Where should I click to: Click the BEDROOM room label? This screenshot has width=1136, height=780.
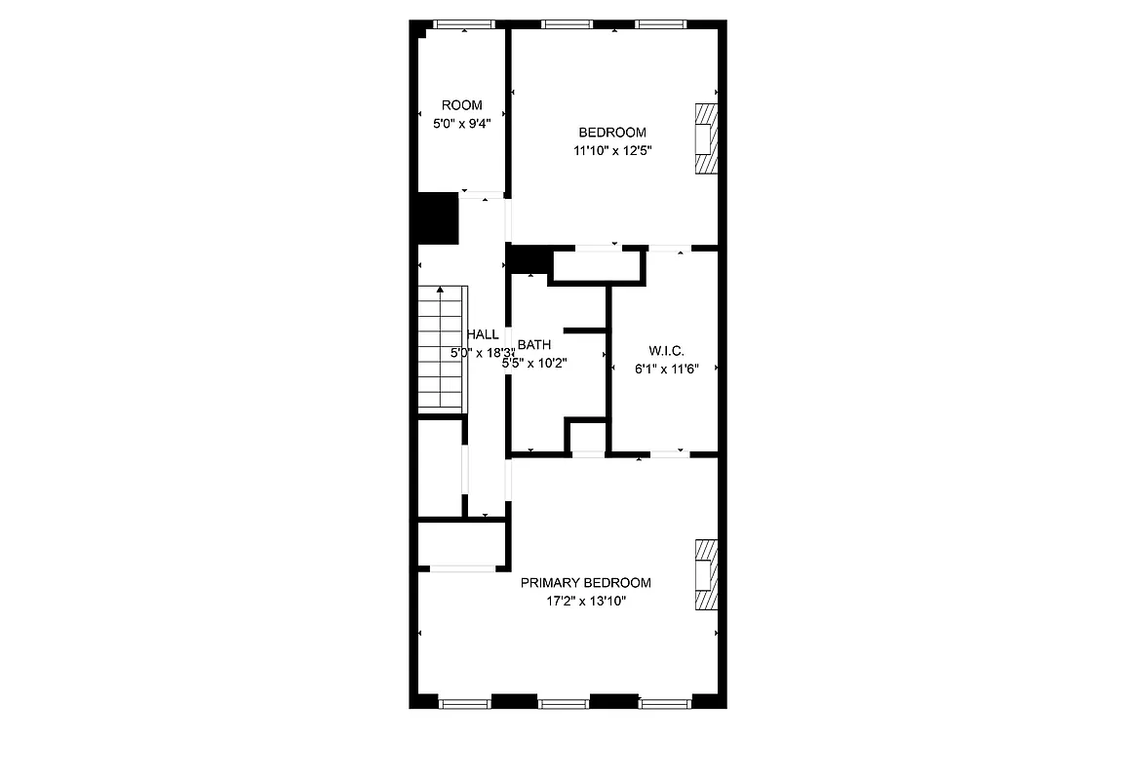612,133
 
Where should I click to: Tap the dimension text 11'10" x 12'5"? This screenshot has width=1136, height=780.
612,150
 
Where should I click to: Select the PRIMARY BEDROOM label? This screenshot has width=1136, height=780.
585,583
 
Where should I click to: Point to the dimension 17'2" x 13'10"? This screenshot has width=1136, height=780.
585,602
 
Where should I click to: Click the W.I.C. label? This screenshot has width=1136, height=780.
666,351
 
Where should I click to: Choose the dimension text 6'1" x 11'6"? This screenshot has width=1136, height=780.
666,369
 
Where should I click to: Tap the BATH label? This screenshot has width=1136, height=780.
534,344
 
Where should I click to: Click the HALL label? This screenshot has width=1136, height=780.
483,334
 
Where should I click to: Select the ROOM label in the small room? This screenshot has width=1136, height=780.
461,105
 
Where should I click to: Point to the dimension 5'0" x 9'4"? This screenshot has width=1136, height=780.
461,124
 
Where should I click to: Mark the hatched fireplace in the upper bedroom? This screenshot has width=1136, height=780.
705,139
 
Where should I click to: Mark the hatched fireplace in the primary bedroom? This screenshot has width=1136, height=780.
705,574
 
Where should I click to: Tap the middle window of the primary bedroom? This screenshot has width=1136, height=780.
564,701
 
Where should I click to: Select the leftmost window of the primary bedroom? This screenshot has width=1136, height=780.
464,701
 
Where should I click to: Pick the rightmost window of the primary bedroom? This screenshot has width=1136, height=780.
665,701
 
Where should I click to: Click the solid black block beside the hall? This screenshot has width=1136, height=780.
438,218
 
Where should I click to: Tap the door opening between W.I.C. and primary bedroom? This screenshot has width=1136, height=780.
670,453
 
